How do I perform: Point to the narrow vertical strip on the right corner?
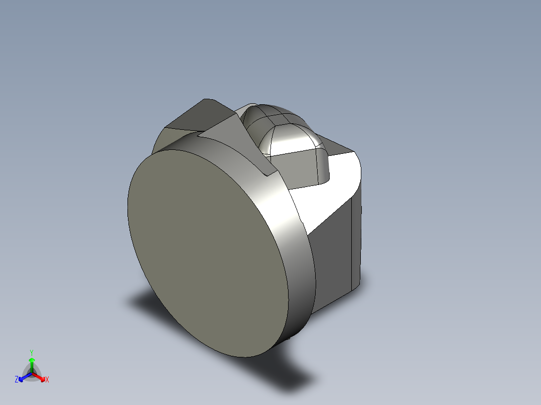[356, 241]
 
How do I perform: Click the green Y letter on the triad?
[31, 352]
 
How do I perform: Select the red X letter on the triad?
[47, 380]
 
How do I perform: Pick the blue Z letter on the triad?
[17, 380]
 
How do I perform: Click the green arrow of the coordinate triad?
[32, 363]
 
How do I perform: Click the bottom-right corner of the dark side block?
[359, 286]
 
